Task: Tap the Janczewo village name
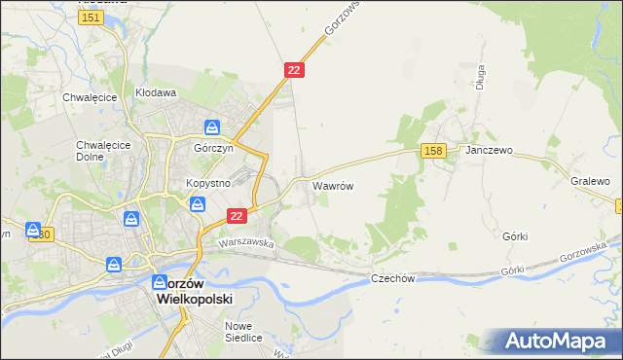pos(489,152)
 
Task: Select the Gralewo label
pos(590,181)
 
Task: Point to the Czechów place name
pos(393,278)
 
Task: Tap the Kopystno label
pos(207,183)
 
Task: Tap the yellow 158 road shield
pos(434,150)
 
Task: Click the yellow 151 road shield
pos(92,18)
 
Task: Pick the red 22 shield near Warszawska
pos(236,215)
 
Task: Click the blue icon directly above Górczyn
pos(212,126)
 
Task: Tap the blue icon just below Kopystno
pos(198,204)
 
